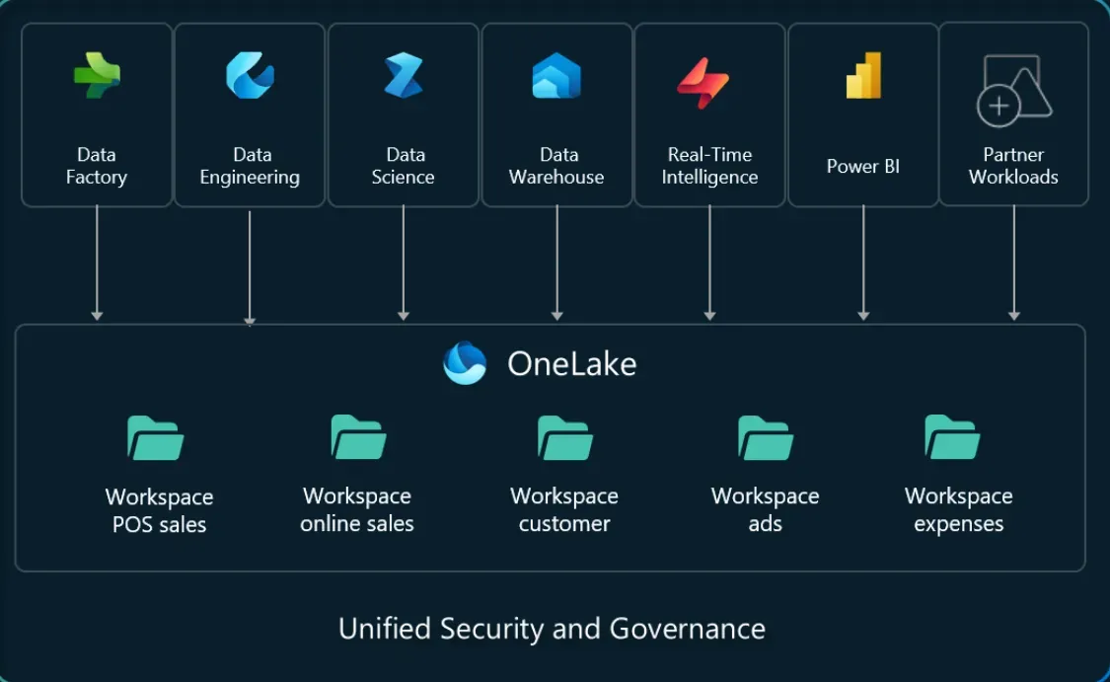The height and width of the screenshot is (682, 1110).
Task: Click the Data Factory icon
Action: [97, 76]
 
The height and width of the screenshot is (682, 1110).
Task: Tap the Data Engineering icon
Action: [250, 75]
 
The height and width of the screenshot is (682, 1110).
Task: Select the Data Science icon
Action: [404, 75]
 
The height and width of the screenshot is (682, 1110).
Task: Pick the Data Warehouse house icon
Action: [556, 76]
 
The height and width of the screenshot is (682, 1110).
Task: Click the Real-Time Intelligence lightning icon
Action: [703, 82]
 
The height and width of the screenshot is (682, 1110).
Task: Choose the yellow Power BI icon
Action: [863, 75]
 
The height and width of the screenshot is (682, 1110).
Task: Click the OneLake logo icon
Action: [465, 363]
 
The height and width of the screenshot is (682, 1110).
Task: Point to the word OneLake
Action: [571, 364]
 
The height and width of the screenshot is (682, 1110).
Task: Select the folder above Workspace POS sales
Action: [156, 438]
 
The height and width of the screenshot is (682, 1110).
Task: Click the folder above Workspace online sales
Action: [358, 437]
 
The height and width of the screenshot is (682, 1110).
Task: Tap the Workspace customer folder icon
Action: [564, 438]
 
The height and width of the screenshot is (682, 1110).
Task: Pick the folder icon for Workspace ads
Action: [766, 438]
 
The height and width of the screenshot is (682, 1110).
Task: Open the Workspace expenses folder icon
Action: [952, 437]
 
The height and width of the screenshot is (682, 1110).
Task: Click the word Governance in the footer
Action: [687, 629]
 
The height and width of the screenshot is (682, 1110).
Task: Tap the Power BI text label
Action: [863, 166]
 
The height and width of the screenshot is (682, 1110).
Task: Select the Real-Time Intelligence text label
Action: [709, 166]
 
